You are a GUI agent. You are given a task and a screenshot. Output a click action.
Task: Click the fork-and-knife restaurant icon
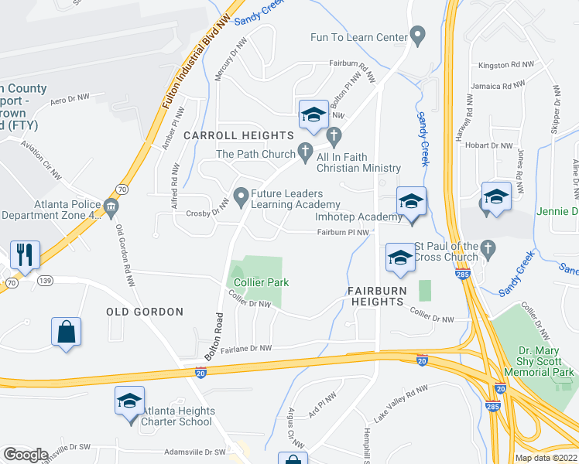(x=25, y=254)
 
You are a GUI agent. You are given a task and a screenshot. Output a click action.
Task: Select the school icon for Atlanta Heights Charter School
(x=129, y=401)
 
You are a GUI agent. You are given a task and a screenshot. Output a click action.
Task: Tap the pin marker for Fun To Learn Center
(x=418, y=34)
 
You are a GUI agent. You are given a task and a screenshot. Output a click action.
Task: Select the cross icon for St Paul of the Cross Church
(x=487, y=248)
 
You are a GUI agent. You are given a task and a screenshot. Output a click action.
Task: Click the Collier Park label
(x=262, y=282)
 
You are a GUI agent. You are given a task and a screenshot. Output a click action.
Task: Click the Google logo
(x=26, y=455)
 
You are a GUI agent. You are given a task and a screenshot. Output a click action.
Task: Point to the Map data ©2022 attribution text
(x=546, y=458)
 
